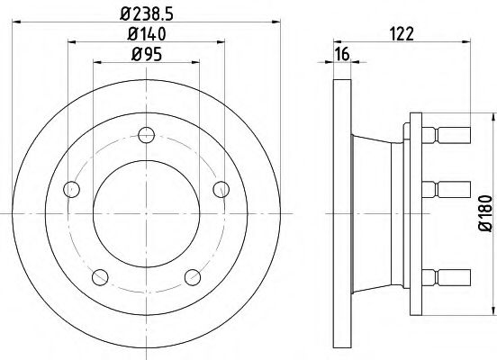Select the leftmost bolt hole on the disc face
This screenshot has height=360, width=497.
[71, 190]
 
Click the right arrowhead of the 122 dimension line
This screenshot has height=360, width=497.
[468, 42]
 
